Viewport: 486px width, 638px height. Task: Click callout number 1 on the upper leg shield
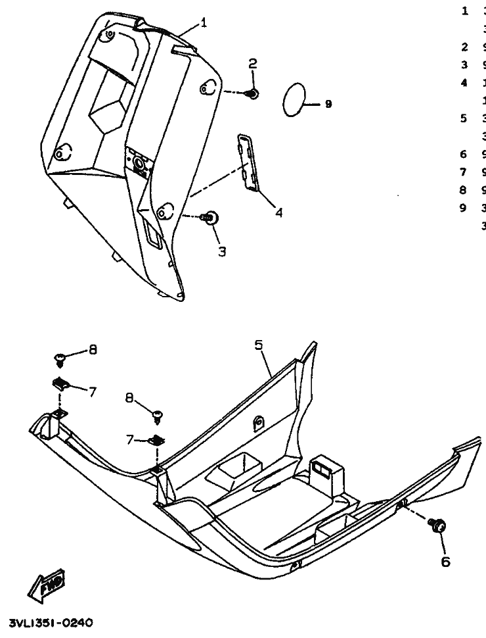click(x=204, y=23)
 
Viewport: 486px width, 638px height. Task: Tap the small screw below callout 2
click(x=253, y=93)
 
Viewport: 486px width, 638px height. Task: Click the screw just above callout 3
click(x=211, y=217)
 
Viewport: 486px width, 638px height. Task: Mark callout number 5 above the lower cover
click(x=259, y=344)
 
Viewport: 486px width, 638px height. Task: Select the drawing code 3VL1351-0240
click(x=51, y=622)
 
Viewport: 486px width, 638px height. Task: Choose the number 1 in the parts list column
click(x=464, y=11)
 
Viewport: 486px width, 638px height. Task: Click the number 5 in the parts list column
click(x=464, y=119)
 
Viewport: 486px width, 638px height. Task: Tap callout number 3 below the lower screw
click(x=222, y=251)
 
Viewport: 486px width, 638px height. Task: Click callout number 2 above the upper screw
click(x=252, y=64)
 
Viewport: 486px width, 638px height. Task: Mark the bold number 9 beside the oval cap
click(x=328, y=104)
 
